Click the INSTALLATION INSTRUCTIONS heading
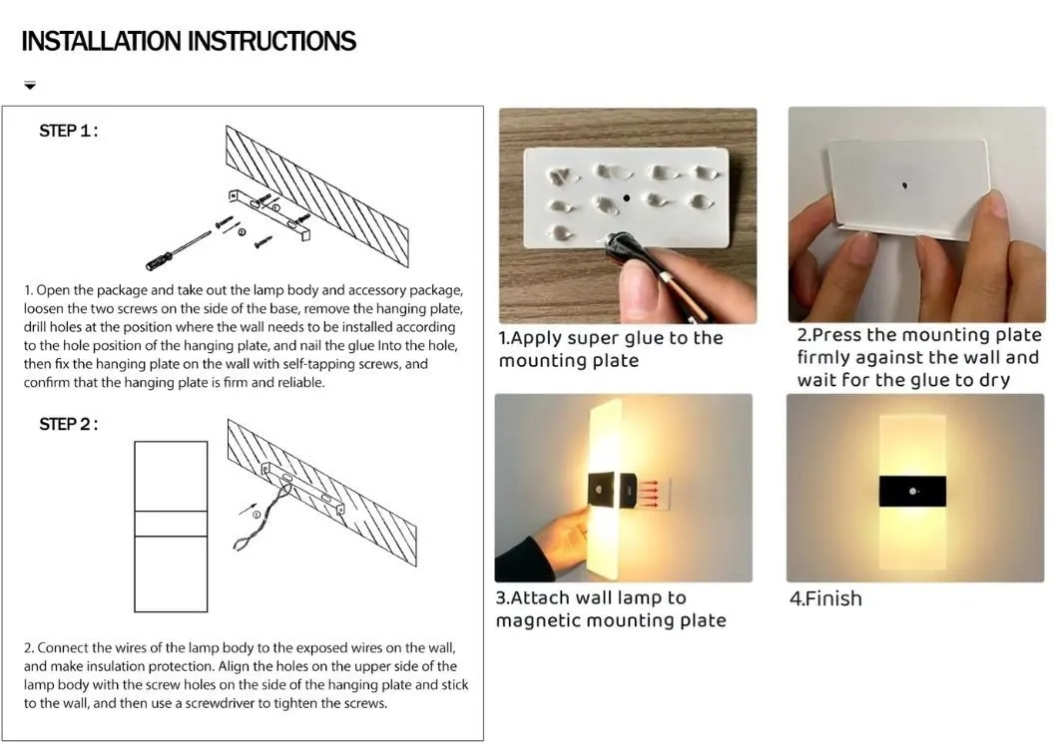tap(189, 41)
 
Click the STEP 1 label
tap(68, 131)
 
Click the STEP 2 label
tap(68, 424)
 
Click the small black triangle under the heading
tap(30, 86)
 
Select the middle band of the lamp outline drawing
tap(171, 524)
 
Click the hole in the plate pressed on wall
tap(904, 186)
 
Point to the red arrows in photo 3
tap(650, 490)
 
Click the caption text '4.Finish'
tap(825, 598)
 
